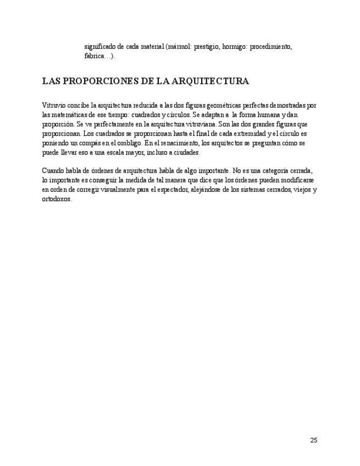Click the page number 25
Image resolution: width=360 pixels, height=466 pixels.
click(314, 440)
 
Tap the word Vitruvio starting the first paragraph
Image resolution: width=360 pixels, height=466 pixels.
click(53, 105)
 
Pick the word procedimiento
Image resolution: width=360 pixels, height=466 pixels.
click(271, 47)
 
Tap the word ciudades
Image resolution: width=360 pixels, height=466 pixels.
click(187, 152)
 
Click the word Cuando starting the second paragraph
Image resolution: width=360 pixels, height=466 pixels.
click(53, 171)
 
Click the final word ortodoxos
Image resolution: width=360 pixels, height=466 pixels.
click(57, 199)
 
